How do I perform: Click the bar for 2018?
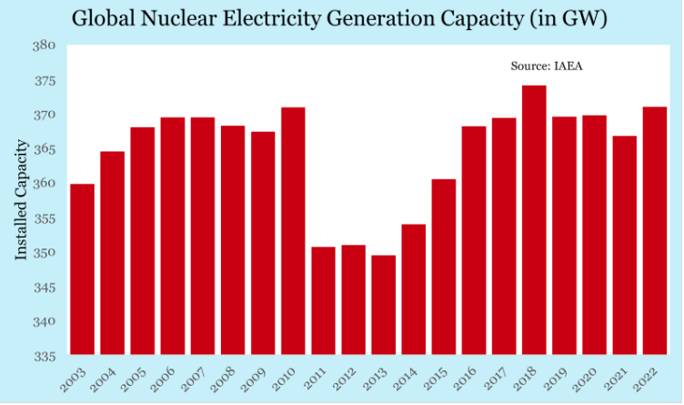pyautogui.click(x=535, y=219)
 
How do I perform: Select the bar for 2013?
pyautogui.click(x=384, y=305)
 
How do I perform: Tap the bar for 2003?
pyautogui.click(x=83, y=269)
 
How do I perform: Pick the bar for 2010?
pyautogui.click(x=293, y=231)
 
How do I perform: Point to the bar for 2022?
pyautogui.click(x=655, y=231)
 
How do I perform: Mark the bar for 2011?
pyautogui.click(x=323, y=300)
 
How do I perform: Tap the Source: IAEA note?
pyautogui.click(x=542, y=66)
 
